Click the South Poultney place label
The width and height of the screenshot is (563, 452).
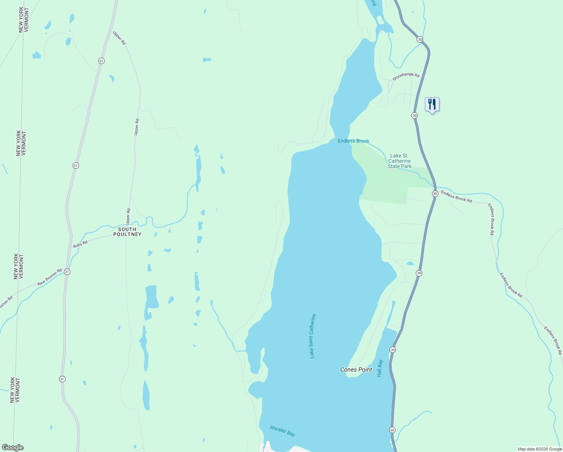[x=127, y=232]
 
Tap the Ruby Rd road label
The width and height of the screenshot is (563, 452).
[x=80, y=244]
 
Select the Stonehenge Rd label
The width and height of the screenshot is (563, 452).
[x=406, y=76]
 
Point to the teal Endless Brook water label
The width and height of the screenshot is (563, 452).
[x=353, y=141]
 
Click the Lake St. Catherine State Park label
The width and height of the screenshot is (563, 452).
[x=399, y=161]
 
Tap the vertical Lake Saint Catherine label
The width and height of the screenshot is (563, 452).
[x=312, y=336]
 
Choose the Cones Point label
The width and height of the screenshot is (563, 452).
[x=356, y=370]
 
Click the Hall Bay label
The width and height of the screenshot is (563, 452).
[x=380, y=368]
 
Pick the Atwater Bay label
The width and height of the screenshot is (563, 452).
[x=282, y=431]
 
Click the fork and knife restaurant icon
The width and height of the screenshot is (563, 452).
[x=432, y=104]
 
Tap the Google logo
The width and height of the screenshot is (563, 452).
[x=12, y=447]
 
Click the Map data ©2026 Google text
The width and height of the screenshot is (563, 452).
[x=540, y=449]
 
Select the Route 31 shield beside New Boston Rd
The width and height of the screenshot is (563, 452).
[x=67, y=272]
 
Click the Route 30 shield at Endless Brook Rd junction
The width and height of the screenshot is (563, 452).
[x=435, y=194]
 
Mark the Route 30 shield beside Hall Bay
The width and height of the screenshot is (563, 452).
[x=393, y=350]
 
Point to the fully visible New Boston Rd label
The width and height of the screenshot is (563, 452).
[x=50, y=277]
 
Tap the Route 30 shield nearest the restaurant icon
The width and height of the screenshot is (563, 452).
[x=414, y=115]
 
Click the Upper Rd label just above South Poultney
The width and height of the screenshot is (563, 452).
[x=128, y=217]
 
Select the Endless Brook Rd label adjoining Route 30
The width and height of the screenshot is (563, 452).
[x=456, y=197]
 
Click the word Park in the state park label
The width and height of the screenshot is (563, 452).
[x=406, y=166]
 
